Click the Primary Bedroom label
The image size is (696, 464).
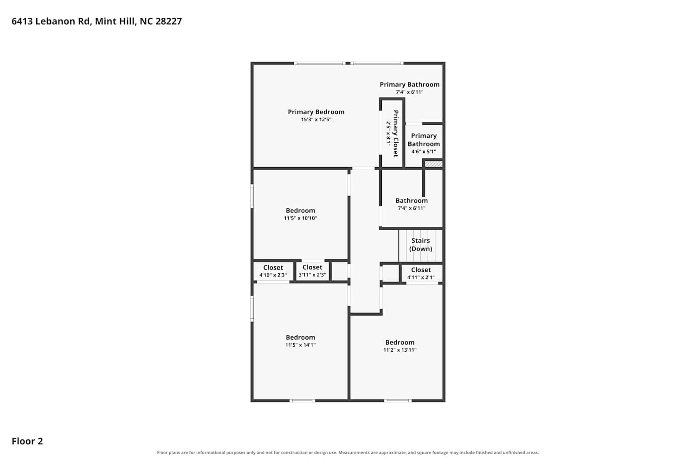tap(316, 112)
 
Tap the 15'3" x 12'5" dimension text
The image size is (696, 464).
tap(316, 120)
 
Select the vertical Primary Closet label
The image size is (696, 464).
tap(395, 133)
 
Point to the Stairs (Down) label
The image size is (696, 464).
tap(421, 245)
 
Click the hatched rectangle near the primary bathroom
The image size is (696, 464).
tap(434, 164)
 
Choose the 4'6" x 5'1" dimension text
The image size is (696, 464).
tap(424, 152)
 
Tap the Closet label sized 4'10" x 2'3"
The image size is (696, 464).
tap(273, 268)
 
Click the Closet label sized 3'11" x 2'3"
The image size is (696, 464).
tap(312, 267)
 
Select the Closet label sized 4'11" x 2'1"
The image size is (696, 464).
tap(421, 270)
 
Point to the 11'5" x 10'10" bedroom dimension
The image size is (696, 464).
tap(301, 218)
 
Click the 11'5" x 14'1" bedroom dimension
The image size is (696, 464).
tap(301, 345)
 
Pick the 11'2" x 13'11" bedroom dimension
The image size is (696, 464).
tap(400, 350)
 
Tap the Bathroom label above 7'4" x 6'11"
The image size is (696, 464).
tap(412, 201)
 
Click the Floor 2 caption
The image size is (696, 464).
tap(27, 441)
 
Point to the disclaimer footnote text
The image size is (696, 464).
tap(348, 452)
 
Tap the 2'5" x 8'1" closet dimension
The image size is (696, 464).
tap(388, 133)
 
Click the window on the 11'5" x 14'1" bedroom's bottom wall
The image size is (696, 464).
tap(303, 400)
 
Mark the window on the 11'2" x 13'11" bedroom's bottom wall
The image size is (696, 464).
tap(398, 400)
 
